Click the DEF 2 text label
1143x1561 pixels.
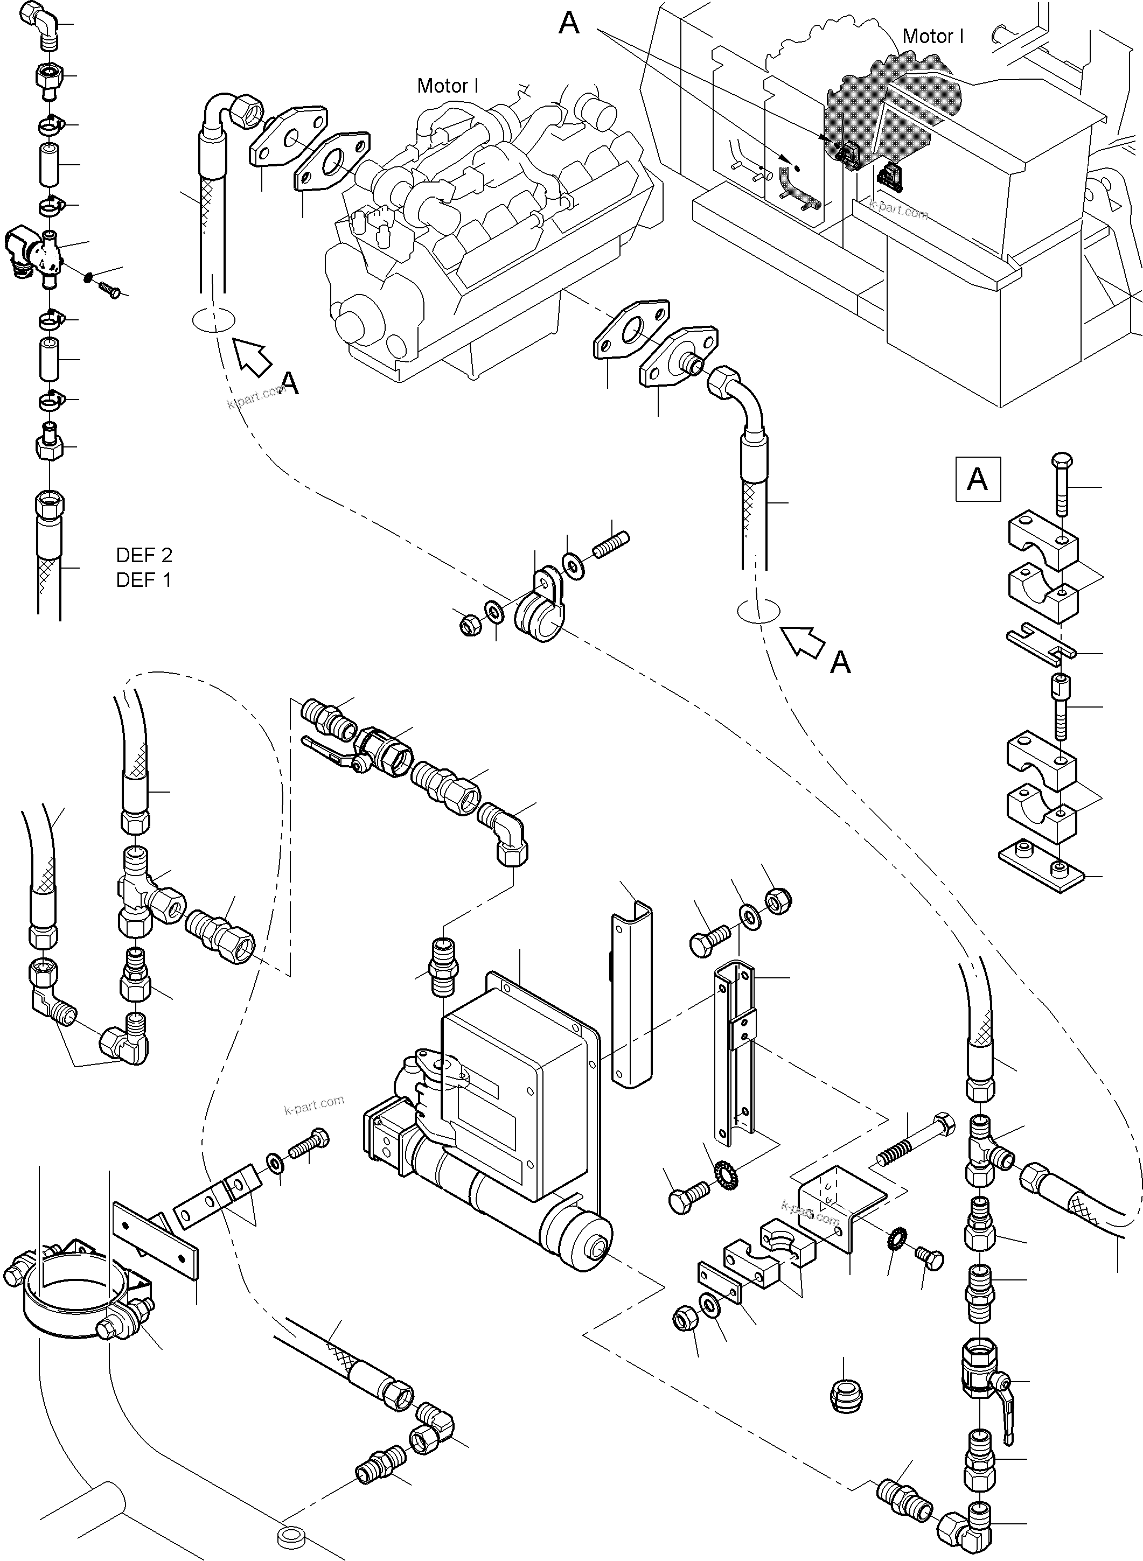click(x=144, y=555)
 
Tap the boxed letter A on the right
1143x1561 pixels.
click(x=977, y=479)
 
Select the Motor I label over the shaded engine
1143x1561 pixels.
click(x=933, y=37)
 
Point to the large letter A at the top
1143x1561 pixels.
click(x=569, y=24)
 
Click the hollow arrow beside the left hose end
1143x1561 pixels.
click(x=253, y=358)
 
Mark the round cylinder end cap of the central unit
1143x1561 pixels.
click(x=586, y=1250)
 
